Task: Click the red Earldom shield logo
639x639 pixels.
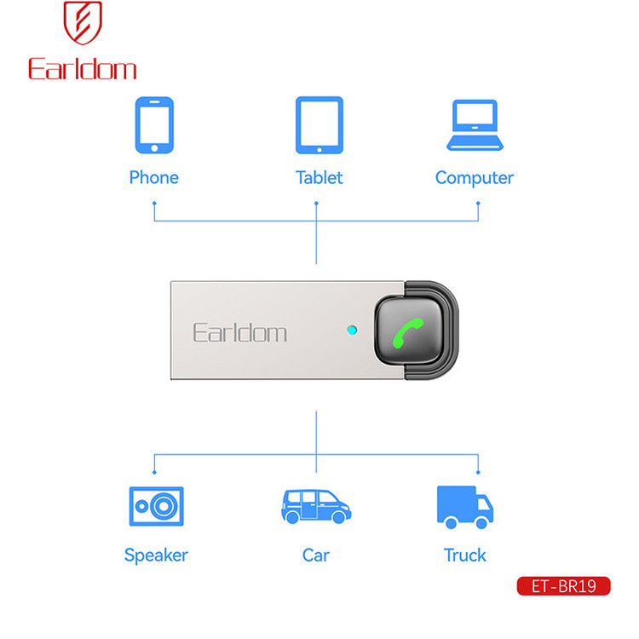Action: click(x=83, y=22)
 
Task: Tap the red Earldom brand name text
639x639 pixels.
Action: click(x=83, y=69)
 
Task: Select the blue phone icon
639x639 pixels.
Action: click(x=154, y=125)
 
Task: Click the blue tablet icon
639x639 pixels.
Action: click(x=319, y=125)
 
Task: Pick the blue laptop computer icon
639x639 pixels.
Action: click(x=475, y=125)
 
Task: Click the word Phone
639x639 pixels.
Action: click(x=154, y=178)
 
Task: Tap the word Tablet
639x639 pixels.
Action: click(x=319, y=178)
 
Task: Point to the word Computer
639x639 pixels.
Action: click(x=475, y=178)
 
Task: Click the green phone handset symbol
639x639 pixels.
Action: click(x=408, y=333)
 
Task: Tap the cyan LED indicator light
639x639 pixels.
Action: click(x=352, y=330)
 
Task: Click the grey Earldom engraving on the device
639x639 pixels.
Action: click(x=239, y=332)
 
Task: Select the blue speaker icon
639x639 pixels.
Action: click(x=157, y=506)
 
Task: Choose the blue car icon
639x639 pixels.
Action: click(x=316, y=507)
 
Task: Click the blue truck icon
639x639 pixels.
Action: click(x=465, y=508)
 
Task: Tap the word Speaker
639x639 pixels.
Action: click(x=156, y=556)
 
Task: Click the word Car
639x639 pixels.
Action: click(x=316, y=555)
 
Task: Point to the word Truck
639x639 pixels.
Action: click(x=465, y=555)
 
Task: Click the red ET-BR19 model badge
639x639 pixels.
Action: click(x=564, y=586)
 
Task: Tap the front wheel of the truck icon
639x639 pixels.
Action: click(x=481, y=523)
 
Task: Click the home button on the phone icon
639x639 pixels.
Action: click(x=154, y=148)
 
